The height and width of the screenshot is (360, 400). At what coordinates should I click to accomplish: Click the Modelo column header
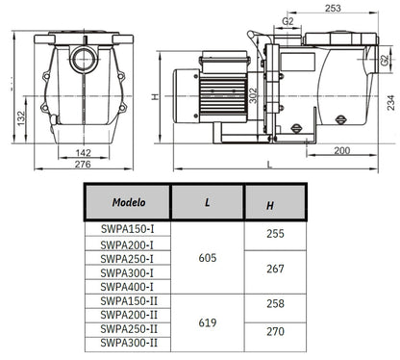coord(128,203)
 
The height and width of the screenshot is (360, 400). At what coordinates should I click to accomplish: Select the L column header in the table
coord(208,204)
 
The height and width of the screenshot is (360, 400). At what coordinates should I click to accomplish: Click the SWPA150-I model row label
coord(122,231)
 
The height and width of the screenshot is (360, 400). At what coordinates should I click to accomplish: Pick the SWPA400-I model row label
coord(122,286)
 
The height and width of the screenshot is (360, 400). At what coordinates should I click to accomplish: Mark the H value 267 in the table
coord(275,269)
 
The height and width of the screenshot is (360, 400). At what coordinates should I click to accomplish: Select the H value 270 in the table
coord(275,330)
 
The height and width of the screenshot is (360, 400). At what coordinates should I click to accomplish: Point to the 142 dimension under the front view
coord(84,152)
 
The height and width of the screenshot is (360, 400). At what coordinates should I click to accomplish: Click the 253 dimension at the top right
coord(333,9)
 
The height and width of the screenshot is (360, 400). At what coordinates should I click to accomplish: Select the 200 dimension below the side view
coord(340,152)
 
